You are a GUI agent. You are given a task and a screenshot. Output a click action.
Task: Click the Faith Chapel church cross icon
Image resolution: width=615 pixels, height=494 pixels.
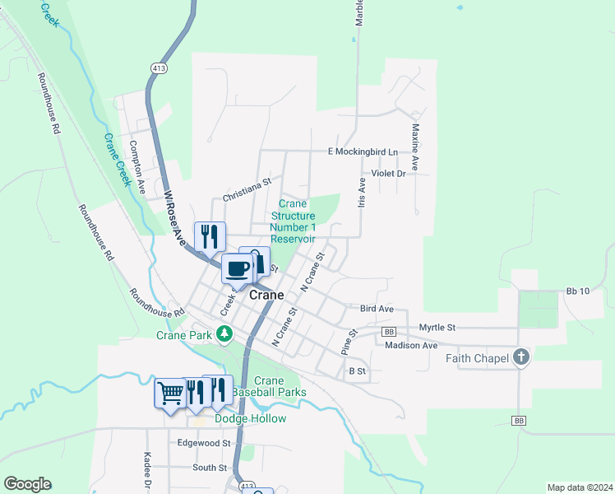(520, 357)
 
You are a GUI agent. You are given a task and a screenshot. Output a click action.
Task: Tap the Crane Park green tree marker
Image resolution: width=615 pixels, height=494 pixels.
(224, 334)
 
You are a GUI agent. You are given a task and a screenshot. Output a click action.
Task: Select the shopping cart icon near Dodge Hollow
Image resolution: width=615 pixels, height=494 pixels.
(170, 393)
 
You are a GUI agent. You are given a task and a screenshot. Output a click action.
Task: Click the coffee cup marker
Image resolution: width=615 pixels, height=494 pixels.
(237, 268)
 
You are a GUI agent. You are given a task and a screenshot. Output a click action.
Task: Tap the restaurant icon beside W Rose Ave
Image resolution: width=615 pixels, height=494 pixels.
(210, 237)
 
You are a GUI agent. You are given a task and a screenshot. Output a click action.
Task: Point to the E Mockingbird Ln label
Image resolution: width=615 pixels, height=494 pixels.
(363, 152)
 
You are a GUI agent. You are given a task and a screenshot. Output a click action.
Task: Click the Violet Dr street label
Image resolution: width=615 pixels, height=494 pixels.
(389, 174)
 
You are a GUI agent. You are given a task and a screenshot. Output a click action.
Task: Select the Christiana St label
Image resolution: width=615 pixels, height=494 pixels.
(247, 193)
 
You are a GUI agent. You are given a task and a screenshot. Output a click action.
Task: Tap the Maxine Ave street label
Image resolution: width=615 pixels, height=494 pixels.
(416, 147)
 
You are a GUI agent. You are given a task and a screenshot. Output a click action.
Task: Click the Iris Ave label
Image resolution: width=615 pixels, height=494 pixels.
(361, 193)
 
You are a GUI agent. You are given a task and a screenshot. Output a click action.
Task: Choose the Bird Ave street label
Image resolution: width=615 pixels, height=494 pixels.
(377, 309)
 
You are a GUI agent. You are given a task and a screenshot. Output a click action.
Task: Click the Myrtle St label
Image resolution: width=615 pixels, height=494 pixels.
(437, 328)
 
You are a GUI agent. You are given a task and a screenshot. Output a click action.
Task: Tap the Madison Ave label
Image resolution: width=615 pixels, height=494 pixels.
(411, 346)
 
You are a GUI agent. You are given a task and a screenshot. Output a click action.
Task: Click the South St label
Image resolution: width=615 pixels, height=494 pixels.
(210, 468)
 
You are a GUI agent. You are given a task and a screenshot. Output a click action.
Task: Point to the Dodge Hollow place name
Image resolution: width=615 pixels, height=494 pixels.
(250, 419)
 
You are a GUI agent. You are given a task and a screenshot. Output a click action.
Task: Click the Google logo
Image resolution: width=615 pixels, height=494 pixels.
(27, 484)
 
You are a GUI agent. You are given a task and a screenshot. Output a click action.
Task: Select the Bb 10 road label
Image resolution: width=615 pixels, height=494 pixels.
(579, 291)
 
